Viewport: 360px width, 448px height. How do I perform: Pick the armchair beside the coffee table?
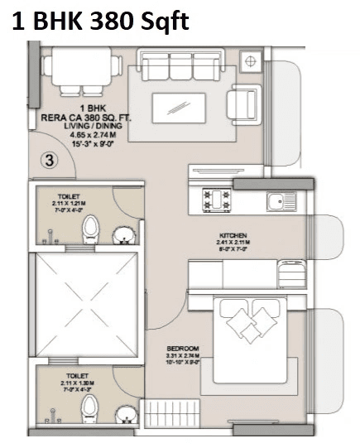[x=242, y=105]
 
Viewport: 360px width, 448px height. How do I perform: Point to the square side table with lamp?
[x=250, y=60]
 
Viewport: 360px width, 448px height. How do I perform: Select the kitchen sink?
[x=281, y=201]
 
